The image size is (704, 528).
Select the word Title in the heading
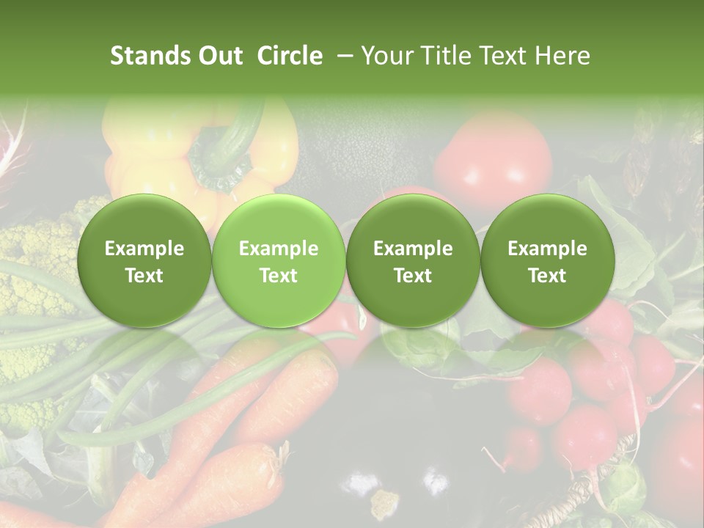click(445, 56)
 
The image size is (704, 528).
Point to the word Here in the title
click(562, 56)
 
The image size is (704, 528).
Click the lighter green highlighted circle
click(279, 261)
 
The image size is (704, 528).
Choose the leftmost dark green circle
click(144, 261)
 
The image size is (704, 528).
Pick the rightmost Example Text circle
click(547, 261)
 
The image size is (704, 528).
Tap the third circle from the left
click(413, 261)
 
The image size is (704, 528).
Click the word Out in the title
click(219, 56)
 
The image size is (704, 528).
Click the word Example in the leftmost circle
click(144, 249)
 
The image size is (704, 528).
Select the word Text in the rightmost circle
click(547, 276)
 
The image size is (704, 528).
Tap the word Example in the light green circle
click(279, 249)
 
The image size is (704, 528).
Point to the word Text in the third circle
click(413, 276)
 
